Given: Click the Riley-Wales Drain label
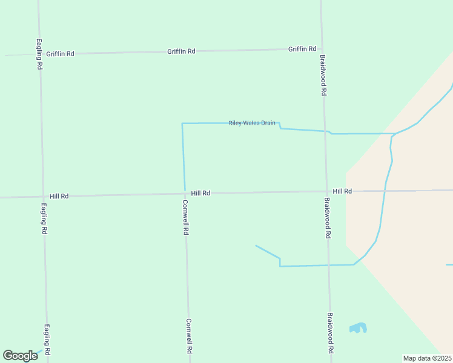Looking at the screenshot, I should pos(252,123).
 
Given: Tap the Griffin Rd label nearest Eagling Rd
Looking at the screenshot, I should pos(60,54).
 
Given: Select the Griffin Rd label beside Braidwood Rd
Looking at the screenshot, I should pos(302,49).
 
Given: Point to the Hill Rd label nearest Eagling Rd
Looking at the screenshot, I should pos(59,196).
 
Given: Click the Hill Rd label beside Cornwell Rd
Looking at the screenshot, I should pos(200,193).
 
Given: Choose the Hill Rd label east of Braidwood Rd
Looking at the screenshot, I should pos(342,191).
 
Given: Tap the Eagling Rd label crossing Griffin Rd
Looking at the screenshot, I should pos(39,54).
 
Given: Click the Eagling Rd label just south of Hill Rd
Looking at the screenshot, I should pos(44,219).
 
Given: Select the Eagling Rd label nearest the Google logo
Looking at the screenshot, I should pos(47,340).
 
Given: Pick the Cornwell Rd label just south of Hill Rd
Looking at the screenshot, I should pos(186,217).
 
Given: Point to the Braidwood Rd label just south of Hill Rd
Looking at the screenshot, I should pos(327,218).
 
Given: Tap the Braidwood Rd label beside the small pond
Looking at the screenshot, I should pos(331,333).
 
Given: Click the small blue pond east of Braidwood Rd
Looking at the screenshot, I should pos(358,329).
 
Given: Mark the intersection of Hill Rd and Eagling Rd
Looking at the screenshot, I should pos(43,197).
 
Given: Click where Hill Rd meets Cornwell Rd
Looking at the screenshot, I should pos(185,194).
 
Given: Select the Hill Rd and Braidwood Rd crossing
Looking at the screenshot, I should pos(326,192).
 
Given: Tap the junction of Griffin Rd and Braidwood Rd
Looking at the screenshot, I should pos(322,49).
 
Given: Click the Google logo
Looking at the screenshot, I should pos(20,356).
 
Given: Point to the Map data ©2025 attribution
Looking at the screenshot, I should pos(427,358).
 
